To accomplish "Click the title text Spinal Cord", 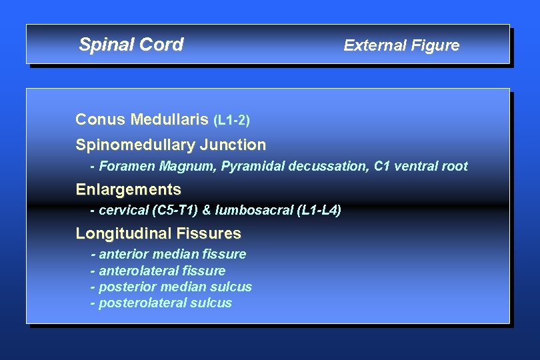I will click(x=131, y=45).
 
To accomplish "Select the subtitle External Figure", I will click(x=401, y=45).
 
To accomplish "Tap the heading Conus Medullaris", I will click(x=143, y=120).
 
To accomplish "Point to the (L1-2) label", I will click(x=231, y=121).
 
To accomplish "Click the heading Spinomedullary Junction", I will click(x=171, y=145).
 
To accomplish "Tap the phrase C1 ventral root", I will click(x=421, y=166).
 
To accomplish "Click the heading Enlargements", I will click(x=128, y=189).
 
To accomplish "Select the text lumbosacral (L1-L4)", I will click(x=278, y=210).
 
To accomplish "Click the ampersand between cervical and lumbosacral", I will click(x=206, y=210).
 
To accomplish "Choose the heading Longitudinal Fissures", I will click(x=158, y=233).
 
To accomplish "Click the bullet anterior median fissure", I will click(x=172, y=254).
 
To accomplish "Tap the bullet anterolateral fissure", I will click(x=162, y=271).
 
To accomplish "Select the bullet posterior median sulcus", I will click(x=175, y=287).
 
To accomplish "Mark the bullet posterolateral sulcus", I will click(x=165, y=303).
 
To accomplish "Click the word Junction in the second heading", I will click(x=234, y=145).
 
